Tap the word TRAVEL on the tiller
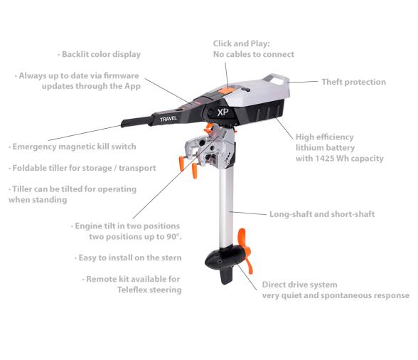pos(168,120)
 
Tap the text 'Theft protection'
pos(353,82)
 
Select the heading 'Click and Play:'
pos(241,43)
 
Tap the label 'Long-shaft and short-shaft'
pos(322,213)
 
